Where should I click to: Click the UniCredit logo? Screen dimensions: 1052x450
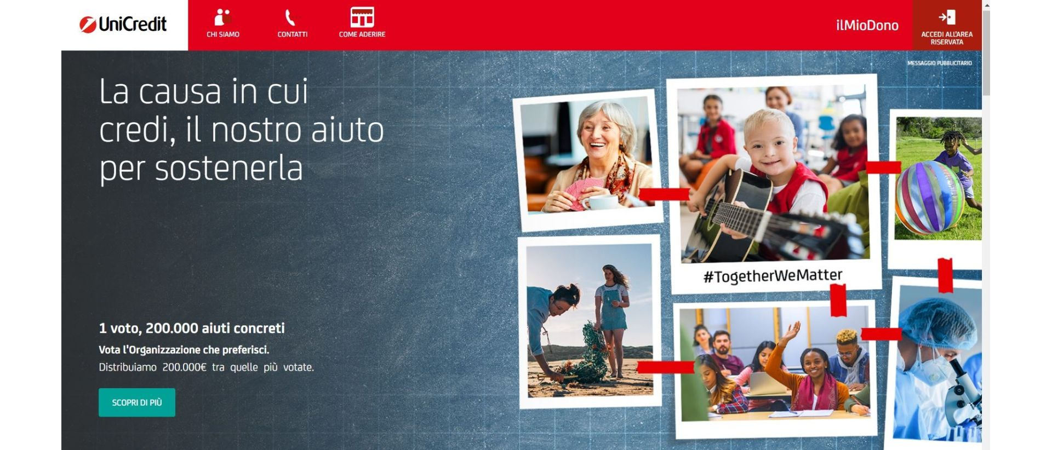pos(123,24)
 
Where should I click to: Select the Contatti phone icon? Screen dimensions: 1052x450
pos(290,18)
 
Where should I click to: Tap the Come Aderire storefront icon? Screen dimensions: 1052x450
pos(362,17)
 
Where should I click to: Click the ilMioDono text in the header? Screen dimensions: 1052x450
pos(867,25)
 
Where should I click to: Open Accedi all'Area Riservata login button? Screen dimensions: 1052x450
pos(947,26)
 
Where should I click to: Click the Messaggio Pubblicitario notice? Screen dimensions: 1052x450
pos(940,63)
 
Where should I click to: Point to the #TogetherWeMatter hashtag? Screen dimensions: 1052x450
pos(773,276)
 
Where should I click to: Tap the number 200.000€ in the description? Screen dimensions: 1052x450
pos(184,367)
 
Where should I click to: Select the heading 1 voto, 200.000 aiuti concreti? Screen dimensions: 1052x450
pos(192,328)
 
